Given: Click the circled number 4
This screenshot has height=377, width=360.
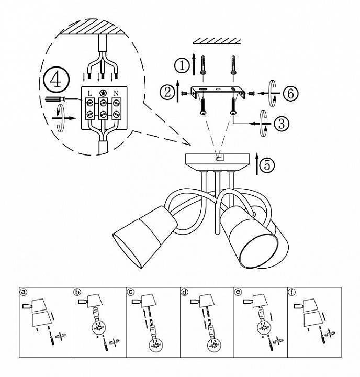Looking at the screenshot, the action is [56, 80].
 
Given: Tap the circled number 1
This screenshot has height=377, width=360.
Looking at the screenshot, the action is [182, 65].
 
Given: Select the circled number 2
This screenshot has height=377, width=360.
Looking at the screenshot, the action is [167, 92].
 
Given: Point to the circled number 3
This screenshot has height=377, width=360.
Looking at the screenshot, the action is [282, 124].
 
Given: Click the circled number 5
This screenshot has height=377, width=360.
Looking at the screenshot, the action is [267, 165].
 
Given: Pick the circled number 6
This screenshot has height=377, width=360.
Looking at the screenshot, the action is [290, 93].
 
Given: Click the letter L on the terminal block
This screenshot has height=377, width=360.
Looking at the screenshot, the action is [90, 93].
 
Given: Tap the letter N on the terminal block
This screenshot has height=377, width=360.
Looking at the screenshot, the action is [116, 93].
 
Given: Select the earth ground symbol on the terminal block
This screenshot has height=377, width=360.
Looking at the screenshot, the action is [103, 93].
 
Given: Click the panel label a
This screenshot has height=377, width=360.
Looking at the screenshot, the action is [24, 292].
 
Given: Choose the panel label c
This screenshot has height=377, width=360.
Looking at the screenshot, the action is [130, 292].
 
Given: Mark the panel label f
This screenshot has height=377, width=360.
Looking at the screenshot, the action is [291, 292].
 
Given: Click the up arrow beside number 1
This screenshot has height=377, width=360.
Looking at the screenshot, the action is [194, 63].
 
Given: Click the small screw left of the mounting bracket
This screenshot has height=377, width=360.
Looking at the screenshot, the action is [185, 93].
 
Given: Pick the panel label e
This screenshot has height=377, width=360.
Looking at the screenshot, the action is [238, 292].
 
